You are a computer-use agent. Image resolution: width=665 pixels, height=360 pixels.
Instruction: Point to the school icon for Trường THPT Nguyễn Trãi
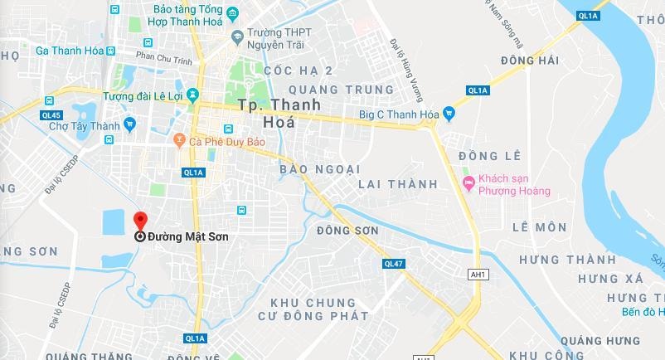click(x=237, y=36)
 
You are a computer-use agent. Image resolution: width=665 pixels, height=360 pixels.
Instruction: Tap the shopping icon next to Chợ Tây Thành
click(x=129, y=124)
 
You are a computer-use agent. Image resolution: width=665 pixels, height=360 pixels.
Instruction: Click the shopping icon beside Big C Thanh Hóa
click(x=449, y=114)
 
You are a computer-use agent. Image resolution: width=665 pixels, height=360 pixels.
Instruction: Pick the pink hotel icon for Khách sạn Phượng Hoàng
click(x=468, y=182)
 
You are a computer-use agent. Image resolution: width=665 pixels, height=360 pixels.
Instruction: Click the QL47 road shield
click(x=394, y=263)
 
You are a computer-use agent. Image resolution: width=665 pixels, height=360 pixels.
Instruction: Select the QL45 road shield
click(x=51, y=114)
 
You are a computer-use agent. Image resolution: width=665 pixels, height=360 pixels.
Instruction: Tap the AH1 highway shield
click(x=478, y=274)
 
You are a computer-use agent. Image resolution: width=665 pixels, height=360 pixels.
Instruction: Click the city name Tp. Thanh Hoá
click(x=266, y=114)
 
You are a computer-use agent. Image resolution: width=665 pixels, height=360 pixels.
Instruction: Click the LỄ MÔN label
click(x=539, y=227)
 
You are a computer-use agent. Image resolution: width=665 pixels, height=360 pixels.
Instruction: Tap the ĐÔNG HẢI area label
click(x=531, y=61)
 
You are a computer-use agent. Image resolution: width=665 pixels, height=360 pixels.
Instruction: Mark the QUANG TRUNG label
click(x=341, y=90)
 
